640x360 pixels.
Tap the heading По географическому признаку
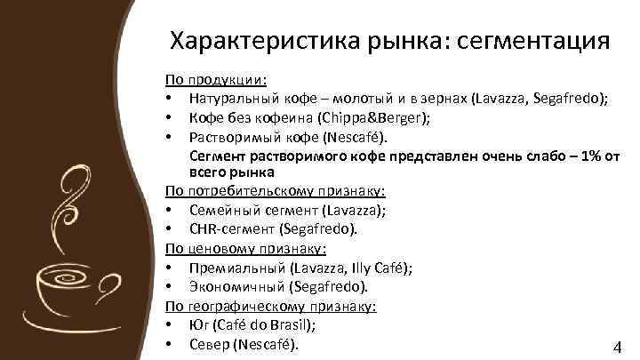tap(271, 306)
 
